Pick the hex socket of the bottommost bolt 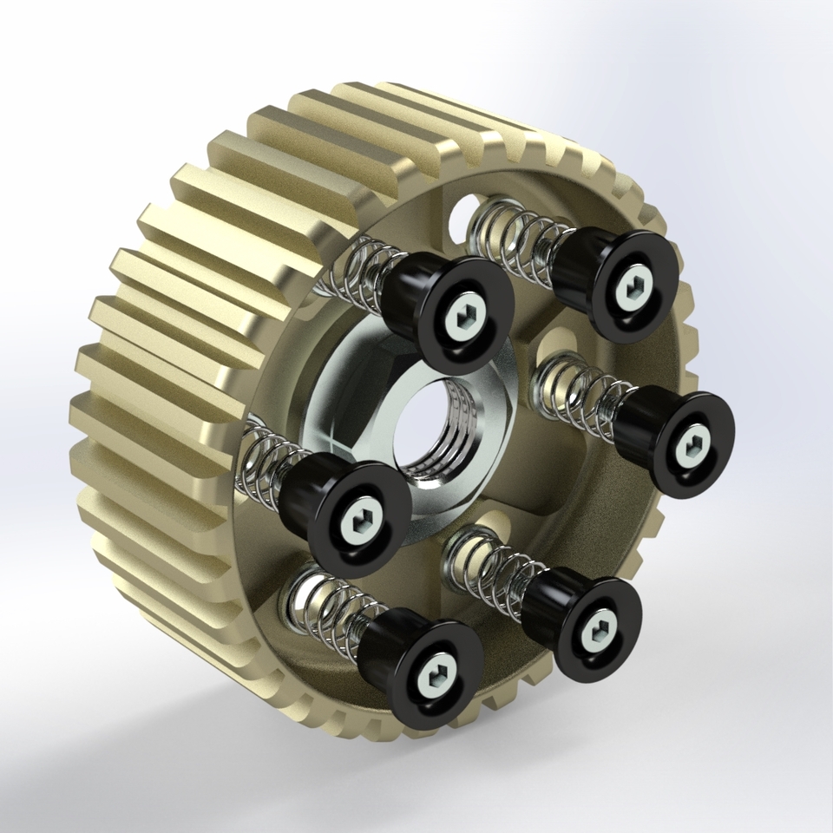click(434, 672)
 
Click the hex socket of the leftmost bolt click(358, 523)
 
